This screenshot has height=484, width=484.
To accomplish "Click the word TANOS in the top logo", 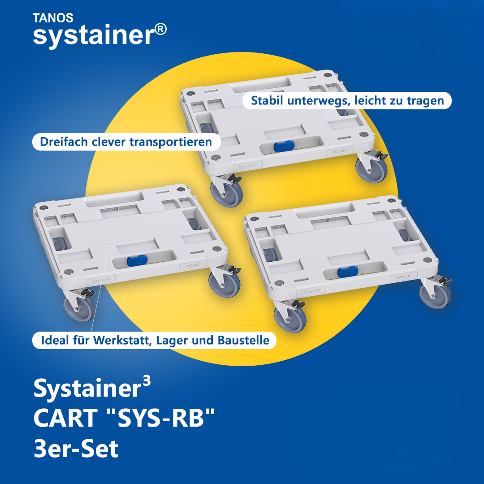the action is pyautogui.click(x=53, y=18).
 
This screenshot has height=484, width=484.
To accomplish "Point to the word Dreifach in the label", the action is pyautogui.click(x=64, y=142).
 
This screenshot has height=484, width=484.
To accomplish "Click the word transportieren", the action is pyautogui.click(x=171, y=143).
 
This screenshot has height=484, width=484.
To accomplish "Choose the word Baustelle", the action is pyautogui.click(x=243, y=340).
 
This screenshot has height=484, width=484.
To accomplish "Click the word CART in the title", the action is pyautogui.click(x=65, y=418).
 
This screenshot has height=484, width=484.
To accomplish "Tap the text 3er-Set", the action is pyautogui.click(x=76, y=449).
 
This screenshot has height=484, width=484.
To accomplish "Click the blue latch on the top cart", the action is pyautogui.click(x=284, y=146).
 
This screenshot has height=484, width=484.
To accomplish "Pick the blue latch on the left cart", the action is pyautogui.click(x=137, y=260).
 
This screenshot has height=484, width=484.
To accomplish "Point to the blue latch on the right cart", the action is pyautogui.click(x=348, y=272).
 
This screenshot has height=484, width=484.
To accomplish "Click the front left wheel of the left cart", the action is pyautogui.click(x=80, y=307).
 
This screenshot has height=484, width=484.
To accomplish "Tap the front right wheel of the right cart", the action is pyautogui.click(x=435, y=295).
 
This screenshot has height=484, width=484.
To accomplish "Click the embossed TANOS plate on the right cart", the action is pyautogui.click(x=311, y=291).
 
